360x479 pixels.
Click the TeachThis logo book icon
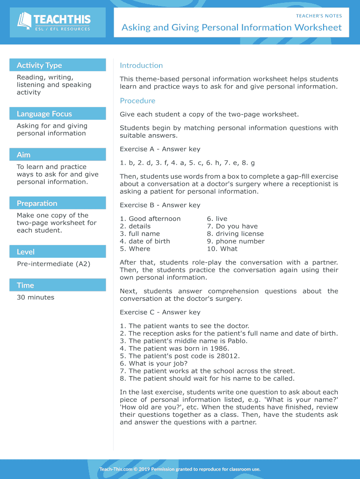(25, 21)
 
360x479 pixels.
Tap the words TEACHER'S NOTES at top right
(319, 16)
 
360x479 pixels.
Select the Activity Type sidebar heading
(39, 65)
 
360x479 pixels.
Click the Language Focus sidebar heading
(44, 114)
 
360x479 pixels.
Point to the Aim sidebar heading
(24, 155)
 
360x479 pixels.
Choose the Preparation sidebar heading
(37, 203)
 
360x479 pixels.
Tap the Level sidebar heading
(26, 252)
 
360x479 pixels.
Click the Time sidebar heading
(25, 285)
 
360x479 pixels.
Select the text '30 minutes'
(36, 298)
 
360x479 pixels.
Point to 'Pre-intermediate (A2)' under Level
(53, 264)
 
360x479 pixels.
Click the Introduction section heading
(141, 65)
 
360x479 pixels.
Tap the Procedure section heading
(137, 101)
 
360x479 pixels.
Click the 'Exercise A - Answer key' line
(160, 149)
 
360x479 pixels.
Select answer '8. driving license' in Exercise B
(235, 234)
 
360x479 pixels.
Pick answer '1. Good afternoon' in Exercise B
(150, 219)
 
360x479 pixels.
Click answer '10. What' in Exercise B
(222, 249)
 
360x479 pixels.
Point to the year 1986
(218, 348)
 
